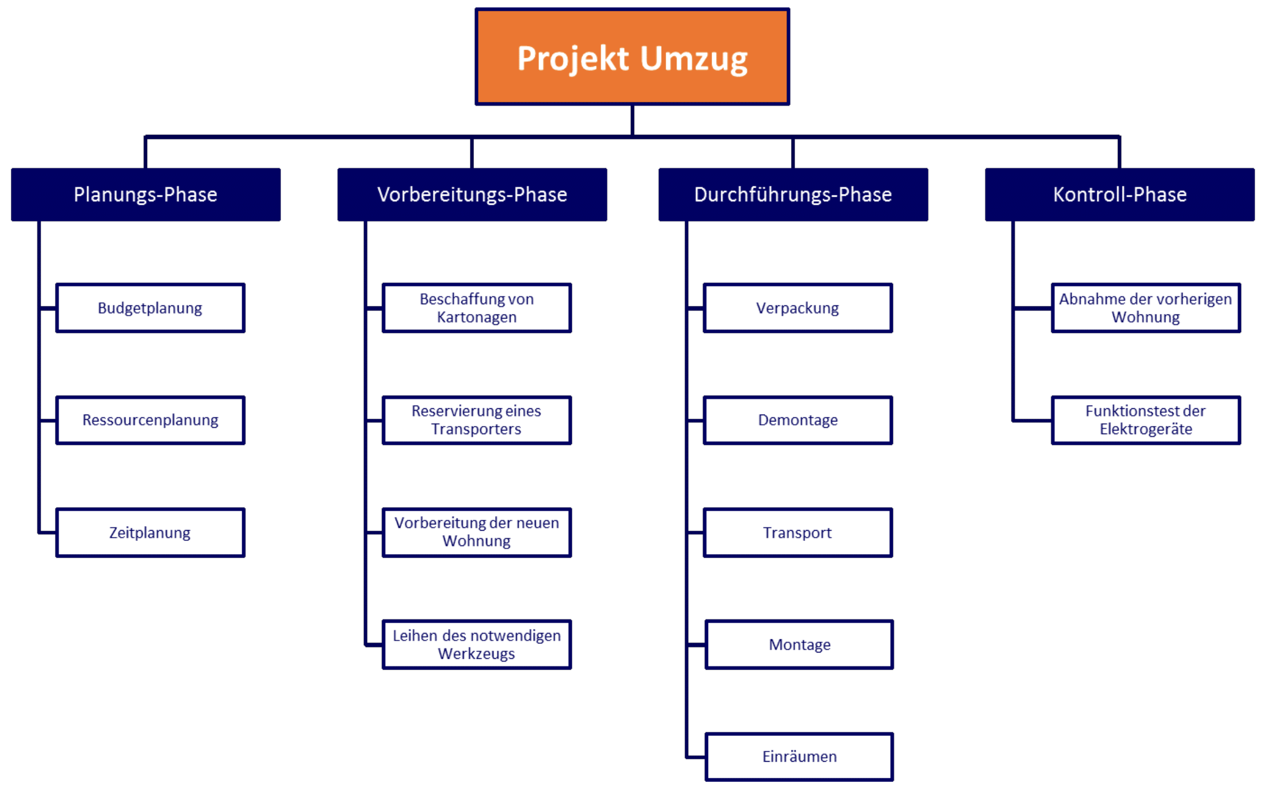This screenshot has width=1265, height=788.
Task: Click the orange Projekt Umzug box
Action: coord(632,57)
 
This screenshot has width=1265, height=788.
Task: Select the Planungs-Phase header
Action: coord(146,194)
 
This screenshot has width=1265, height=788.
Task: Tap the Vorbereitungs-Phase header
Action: coord(472,194)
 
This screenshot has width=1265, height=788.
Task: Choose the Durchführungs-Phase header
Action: coord(793,194)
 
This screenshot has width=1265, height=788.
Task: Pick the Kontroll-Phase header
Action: coord(1120,194)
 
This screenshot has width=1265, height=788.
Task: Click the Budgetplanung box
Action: coord(151,308)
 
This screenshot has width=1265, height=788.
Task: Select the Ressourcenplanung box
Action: coord(151,420)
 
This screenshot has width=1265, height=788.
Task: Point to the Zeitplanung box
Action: coord(151,532)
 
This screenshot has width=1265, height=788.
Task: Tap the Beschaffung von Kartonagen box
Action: coord(477,308)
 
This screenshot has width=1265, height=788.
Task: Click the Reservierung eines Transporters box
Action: coord(477,420)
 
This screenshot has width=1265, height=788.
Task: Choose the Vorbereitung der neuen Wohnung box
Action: coord(477,532)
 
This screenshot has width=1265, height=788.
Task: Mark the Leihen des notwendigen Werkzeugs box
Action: coord(477,644)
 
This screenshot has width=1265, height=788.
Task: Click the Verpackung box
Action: coord(798,308)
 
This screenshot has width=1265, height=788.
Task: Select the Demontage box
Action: coord(798,420)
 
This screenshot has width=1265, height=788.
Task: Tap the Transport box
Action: coord(798,532)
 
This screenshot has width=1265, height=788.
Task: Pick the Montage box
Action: coord(800,644)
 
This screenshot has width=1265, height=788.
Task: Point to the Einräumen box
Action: coord(800,757)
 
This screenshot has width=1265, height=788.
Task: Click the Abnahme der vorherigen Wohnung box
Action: coord(1146,308)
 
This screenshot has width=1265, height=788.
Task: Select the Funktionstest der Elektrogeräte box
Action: coord(1146,420)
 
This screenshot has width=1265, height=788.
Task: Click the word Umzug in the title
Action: coord(694,59)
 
